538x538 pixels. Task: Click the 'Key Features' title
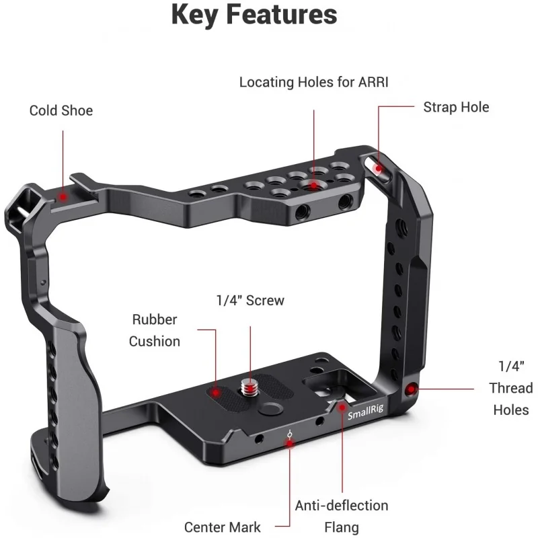point(254,15)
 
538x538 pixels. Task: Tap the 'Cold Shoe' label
point(61,110)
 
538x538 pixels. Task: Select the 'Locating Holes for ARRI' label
point(314,83)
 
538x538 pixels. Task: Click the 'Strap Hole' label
point(456,107)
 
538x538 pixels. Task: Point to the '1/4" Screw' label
point(250,301)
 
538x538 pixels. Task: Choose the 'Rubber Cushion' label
point(155,330)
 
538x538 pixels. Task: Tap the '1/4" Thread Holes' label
point(510,388)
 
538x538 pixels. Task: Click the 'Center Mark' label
point(223,527)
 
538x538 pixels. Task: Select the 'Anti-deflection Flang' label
point(342,516)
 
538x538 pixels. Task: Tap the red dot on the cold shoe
point(63,197)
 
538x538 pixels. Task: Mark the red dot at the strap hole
point(379,168)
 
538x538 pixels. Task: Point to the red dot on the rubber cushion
point(216,390)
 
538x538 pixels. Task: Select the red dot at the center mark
point(290,442)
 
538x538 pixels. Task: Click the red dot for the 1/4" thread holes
point(412,388)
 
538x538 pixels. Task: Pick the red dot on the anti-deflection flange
point(342,406)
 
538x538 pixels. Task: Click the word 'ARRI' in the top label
point(375,83)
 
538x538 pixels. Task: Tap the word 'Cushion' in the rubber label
point(155,341)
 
